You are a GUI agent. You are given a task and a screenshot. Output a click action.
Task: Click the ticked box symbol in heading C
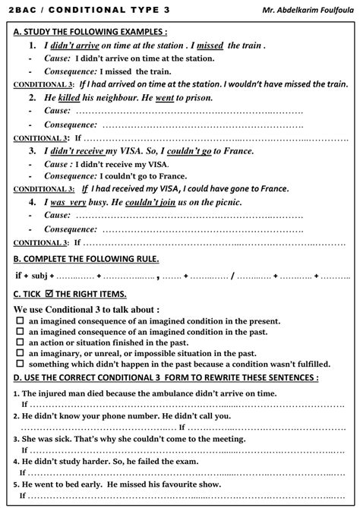tap(50, 294)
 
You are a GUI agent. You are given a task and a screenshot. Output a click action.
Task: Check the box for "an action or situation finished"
tap(20, 342)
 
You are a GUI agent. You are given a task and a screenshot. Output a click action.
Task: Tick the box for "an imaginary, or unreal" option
tap(20, 353)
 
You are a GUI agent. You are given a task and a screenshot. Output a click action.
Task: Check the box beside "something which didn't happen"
tap(20, 364)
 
